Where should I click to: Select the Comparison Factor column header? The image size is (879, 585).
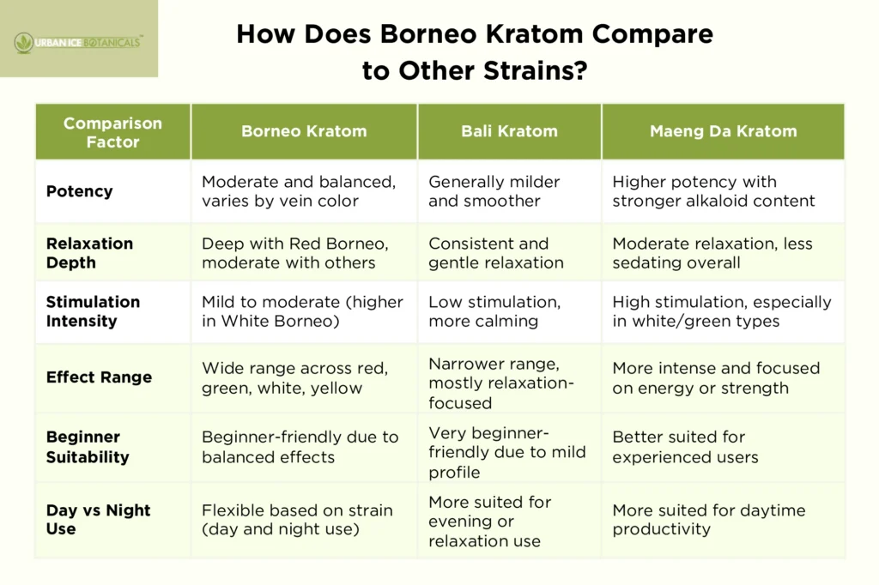[x=112, y=132]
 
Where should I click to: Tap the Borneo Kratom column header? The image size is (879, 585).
[x=304, y=131]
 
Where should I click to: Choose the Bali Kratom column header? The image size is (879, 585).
[x=509, y=131]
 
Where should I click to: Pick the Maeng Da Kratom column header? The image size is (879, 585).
[x=723, y=131]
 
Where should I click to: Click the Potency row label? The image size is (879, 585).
[x=79, y=191]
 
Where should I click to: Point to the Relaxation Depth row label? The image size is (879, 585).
[x=89, y=253]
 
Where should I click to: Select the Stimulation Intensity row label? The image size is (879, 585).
[x=93, y=311]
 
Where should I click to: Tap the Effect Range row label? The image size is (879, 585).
[x=99, y=377]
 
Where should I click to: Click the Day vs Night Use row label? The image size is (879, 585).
[x=98, y=519]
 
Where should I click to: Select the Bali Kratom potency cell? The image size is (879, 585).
[x=494, y=191]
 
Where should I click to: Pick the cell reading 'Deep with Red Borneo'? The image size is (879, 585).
[x=288, y=253]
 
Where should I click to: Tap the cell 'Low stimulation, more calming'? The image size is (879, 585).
[x=494, y=311]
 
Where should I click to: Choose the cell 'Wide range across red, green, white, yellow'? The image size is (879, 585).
[x=294, y=377]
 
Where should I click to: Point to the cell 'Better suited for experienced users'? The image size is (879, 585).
[x=685, y=447]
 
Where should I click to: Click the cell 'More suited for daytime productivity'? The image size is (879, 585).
[x=708, y=519]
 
